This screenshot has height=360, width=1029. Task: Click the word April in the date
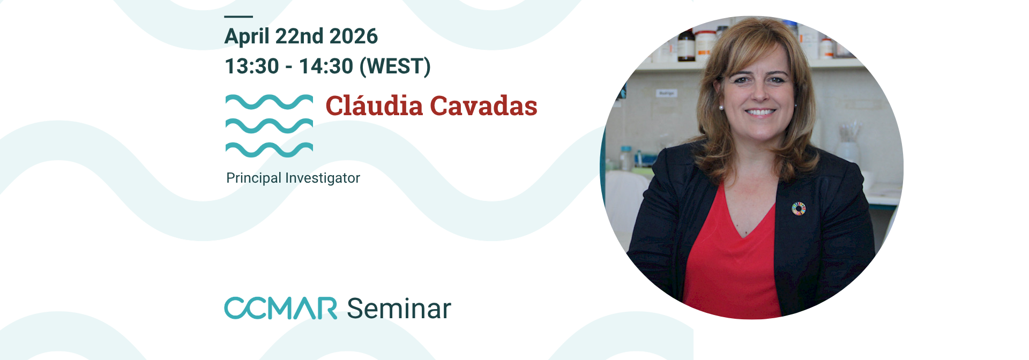[x=247, y=37]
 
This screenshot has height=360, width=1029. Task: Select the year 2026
[x=353, y=36]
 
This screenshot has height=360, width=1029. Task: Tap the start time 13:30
[x=252, y=66]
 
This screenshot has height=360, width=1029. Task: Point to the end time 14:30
[x=326, y=66]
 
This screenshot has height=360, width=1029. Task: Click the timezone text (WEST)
[x=395, y=66]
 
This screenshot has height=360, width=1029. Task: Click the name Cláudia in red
[x=374, y=106]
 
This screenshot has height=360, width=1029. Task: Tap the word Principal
[x=253, y=178]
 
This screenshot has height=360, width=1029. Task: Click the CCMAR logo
[x=280, y=308]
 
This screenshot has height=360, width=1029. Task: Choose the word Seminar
[x=399, y=309]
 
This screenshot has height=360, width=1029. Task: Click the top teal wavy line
[x=269, y=101]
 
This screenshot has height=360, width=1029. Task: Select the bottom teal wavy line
[x=269, y=149]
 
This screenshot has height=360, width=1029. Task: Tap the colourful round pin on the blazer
[x=799, y=208]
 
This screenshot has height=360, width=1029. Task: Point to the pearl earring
[x=721, y=108]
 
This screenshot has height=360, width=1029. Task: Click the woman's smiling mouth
[x=760, y=112]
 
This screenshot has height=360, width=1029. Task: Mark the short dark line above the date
[x=238, y=17]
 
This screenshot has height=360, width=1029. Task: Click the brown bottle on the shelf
[x=685, y=46]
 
